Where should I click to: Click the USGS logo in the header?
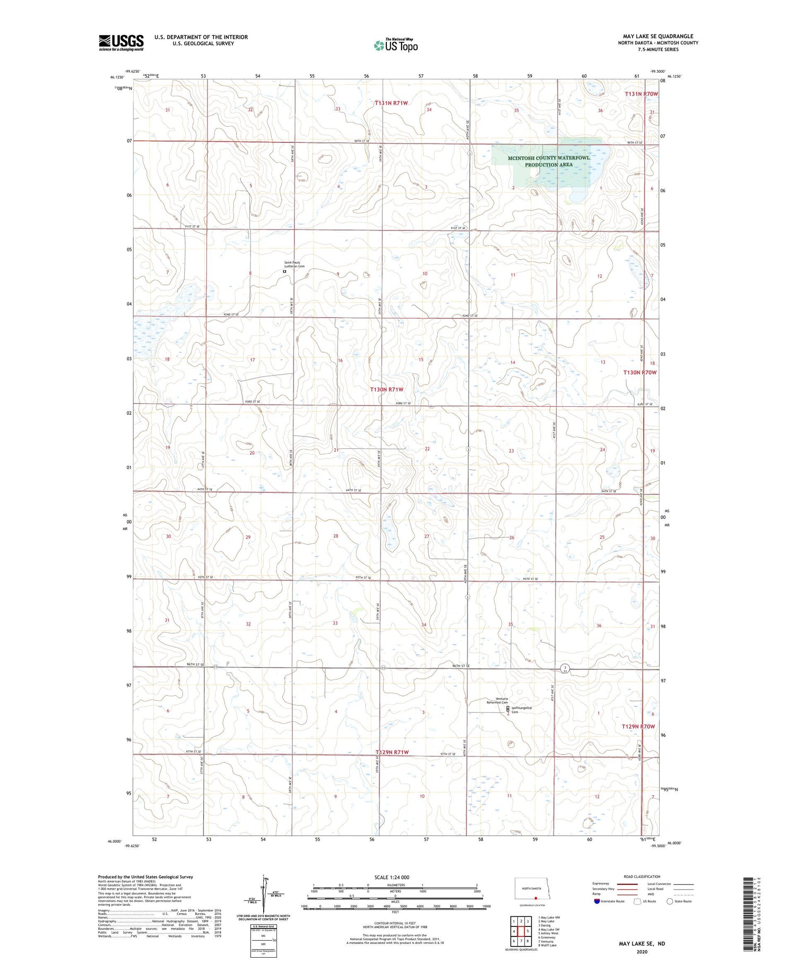pos(121,42)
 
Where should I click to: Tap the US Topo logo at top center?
pos(395,46)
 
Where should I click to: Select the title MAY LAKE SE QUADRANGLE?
pos(658,36)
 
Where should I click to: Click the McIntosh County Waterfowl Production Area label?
pos(549,161)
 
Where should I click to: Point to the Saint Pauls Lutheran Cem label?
pos(295,264)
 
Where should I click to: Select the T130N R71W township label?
pos(391,389)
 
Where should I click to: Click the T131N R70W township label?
pos(641,93)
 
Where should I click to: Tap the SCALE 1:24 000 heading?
pos(392,877)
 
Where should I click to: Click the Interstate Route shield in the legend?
pos(597,901)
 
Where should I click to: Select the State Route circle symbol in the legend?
pos(670,901)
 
